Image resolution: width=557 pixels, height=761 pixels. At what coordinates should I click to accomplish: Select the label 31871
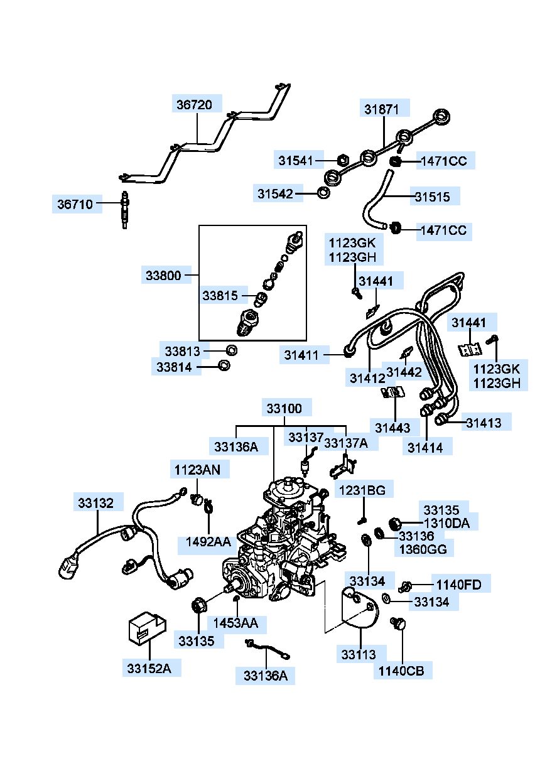tap(381, 109)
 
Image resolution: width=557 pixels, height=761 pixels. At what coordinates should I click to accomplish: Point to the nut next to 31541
tap(343, 160)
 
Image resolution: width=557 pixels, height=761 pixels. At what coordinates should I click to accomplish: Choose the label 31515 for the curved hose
tap(432, 197)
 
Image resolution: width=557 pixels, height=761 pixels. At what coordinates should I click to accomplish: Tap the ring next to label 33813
tap(231, 350)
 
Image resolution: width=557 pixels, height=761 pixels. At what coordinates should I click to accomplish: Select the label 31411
tap(301, 355)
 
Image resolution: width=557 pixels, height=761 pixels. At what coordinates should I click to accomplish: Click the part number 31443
tap(392, 428)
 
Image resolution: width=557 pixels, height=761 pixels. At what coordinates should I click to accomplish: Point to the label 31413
tap(484, 423)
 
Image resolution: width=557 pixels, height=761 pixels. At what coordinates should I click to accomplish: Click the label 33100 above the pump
tap(284, 409)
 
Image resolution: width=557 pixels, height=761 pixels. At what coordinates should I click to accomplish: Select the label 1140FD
tap(458, 586)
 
